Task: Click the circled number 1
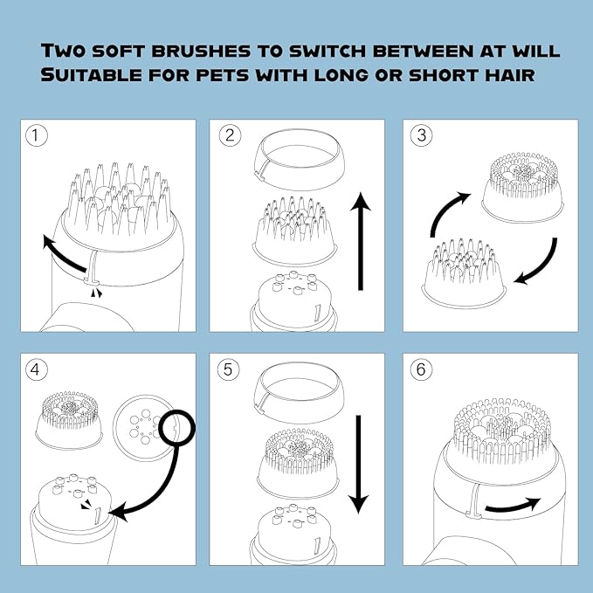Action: tap(37, 135)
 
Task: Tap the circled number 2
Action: tap(230, 135)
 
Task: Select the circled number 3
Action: tap(421, 135)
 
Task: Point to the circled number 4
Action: tap(37, 369)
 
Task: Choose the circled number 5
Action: tap(228, 369)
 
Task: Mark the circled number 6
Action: tap(421, 369)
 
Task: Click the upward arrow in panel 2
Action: tap(361, 241)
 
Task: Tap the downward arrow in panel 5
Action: tap(358, 465)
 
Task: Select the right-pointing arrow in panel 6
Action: tap(513, 506)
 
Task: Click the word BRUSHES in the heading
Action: tap(201, 51)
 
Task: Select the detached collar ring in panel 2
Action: tap(300, 159)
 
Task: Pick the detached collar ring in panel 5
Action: tap(300, 392)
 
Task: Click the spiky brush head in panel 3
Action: tap(464, 274)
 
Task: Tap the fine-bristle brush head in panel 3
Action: tap(523, 187)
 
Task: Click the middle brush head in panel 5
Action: tap(298, 463)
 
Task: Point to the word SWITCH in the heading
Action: tap(328, 51)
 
